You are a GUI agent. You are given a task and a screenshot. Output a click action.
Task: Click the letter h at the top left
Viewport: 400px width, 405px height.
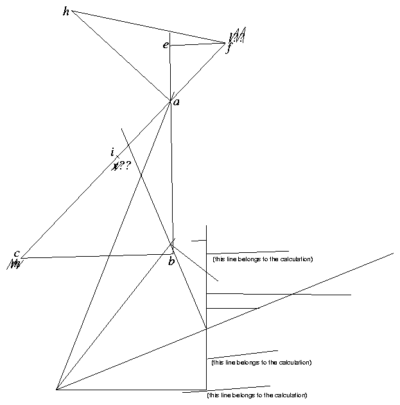point(66,12)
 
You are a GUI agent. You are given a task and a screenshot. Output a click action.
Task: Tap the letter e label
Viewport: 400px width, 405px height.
point(166,45)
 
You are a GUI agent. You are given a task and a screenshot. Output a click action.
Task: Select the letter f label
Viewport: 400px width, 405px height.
point(228,49)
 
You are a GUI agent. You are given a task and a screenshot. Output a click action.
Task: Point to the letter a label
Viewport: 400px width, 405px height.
point(177,102)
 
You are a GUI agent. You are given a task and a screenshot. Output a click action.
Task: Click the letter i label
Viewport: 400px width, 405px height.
point(113,152)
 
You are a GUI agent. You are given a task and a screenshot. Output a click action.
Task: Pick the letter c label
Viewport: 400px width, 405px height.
point(17,253)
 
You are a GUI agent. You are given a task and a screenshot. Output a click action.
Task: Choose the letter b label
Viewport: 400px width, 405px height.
point(171,262)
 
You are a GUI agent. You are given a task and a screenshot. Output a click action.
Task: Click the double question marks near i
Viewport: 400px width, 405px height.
point(125,166)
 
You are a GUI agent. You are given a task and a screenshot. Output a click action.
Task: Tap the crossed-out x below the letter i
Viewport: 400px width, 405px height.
point(115,166)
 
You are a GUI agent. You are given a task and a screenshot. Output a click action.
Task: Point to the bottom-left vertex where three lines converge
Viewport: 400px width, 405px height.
point(57,389)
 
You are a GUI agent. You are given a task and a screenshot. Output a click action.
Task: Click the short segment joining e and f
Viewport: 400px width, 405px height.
point(197,44)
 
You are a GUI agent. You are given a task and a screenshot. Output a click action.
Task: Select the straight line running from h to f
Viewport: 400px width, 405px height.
point(148,27)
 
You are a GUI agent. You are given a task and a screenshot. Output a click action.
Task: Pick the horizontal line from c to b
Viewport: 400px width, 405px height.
point(96,256)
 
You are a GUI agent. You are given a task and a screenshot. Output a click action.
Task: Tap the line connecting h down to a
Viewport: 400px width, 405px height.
point(121,56)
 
